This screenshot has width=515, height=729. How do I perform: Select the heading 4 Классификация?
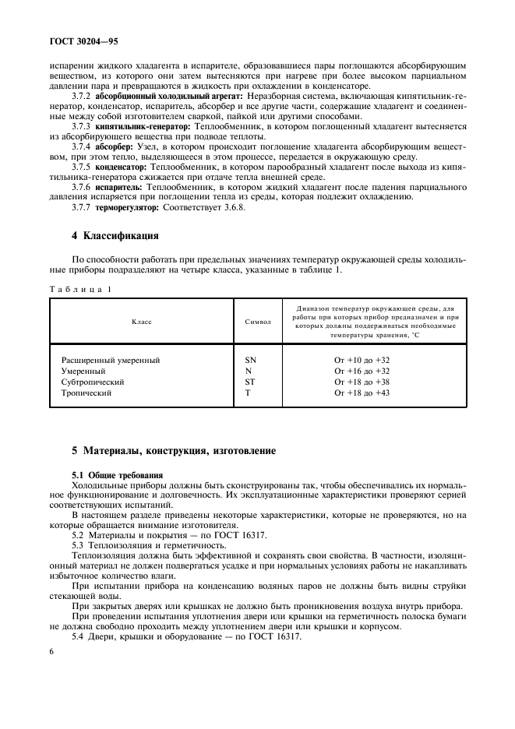[x=115, y=235]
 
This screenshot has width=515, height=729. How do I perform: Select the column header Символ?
[x=259, y=320]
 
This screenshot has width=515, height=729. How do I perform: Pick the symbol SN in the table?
[x=250, y=361]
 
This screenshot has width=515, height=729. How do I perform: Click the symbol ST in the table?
[x=249, y=382]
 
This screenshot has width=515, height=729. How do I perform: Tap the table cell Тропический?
[x=86, y=393]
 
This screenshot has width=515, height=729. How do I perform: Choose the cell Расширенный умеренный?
[x=111, y=361]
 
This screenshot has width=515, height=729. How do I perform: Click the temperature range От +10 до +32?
[x=362, y=361]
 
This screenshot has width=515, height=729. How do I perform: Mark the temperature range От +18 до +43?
[x=362, y=393]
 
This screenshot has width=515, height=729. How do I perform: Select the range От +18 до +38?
[x=362, y=382]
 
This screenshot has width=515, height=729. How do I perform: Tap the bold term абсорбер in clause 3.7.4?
[x=115, y=146]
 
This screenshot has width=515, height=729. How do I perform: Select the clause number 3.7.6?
[x=82, y=188]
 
